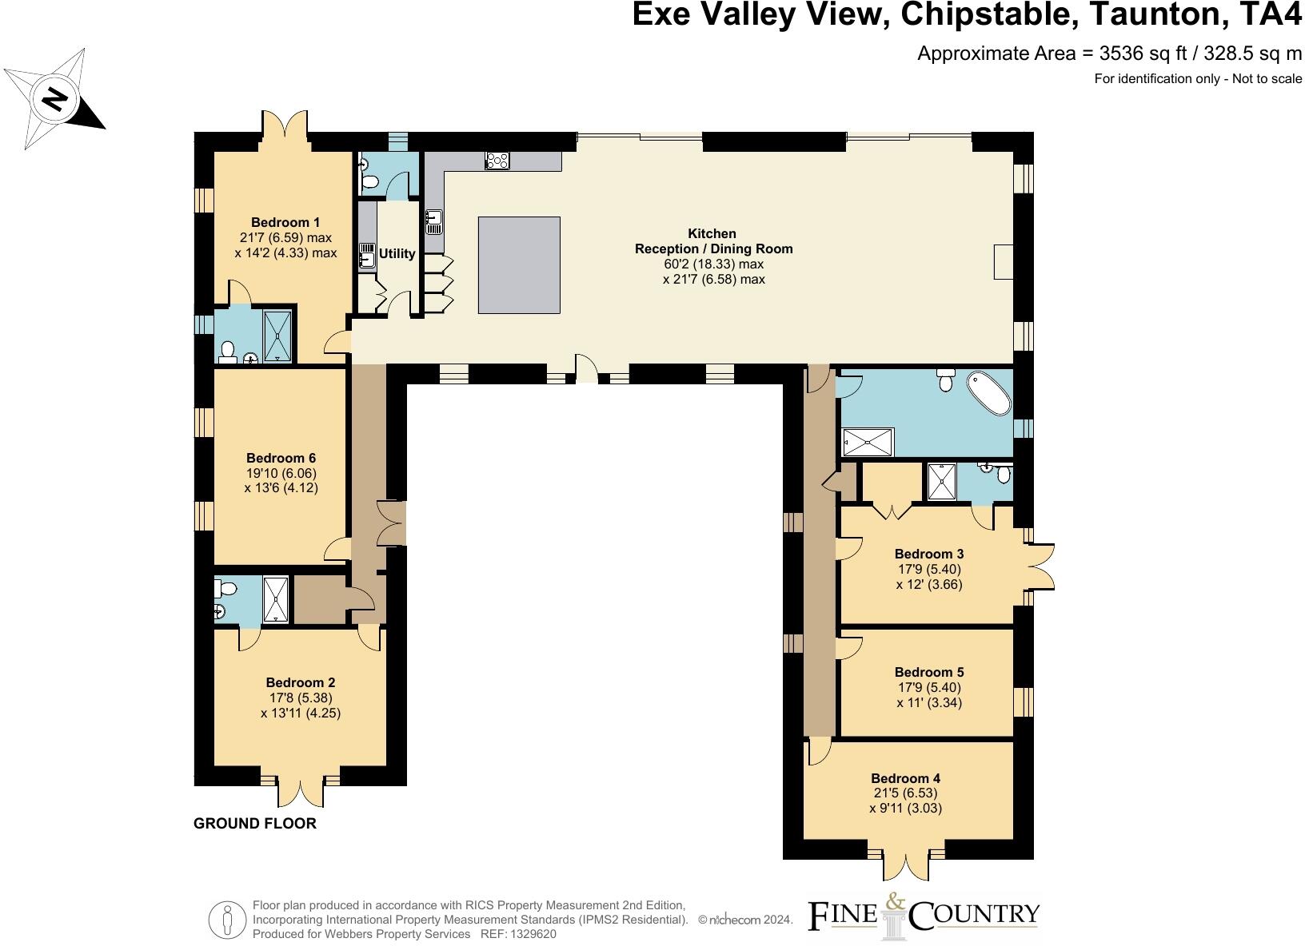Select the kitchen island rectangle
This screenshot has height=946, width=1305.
[x=519, y=264]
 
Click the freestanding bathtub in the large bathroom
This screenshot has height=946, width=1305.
[x=989, y=393]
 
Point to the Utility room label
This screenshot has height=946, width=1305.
[x=397, y=253]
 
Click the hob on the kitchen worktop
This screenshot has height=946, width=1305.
[x=497, y=161]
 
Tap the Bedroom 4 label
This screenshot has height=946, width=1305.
[x=905, y=778]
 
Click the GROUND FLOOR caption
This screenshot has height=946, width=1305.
[x=255, y=823]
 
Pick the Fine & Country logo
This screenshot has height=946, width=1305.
[x=924, y=919]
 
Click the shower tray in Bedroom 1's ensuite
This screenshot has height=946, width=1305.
[x=279, y=335]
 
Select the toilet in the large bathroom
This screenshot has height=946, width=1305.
[x=945, y=380]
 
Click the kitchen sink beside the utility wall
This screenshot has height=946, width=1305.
[x=433, y=221]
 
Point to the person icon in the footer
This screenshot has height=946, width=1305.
[x=228, y=919]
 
